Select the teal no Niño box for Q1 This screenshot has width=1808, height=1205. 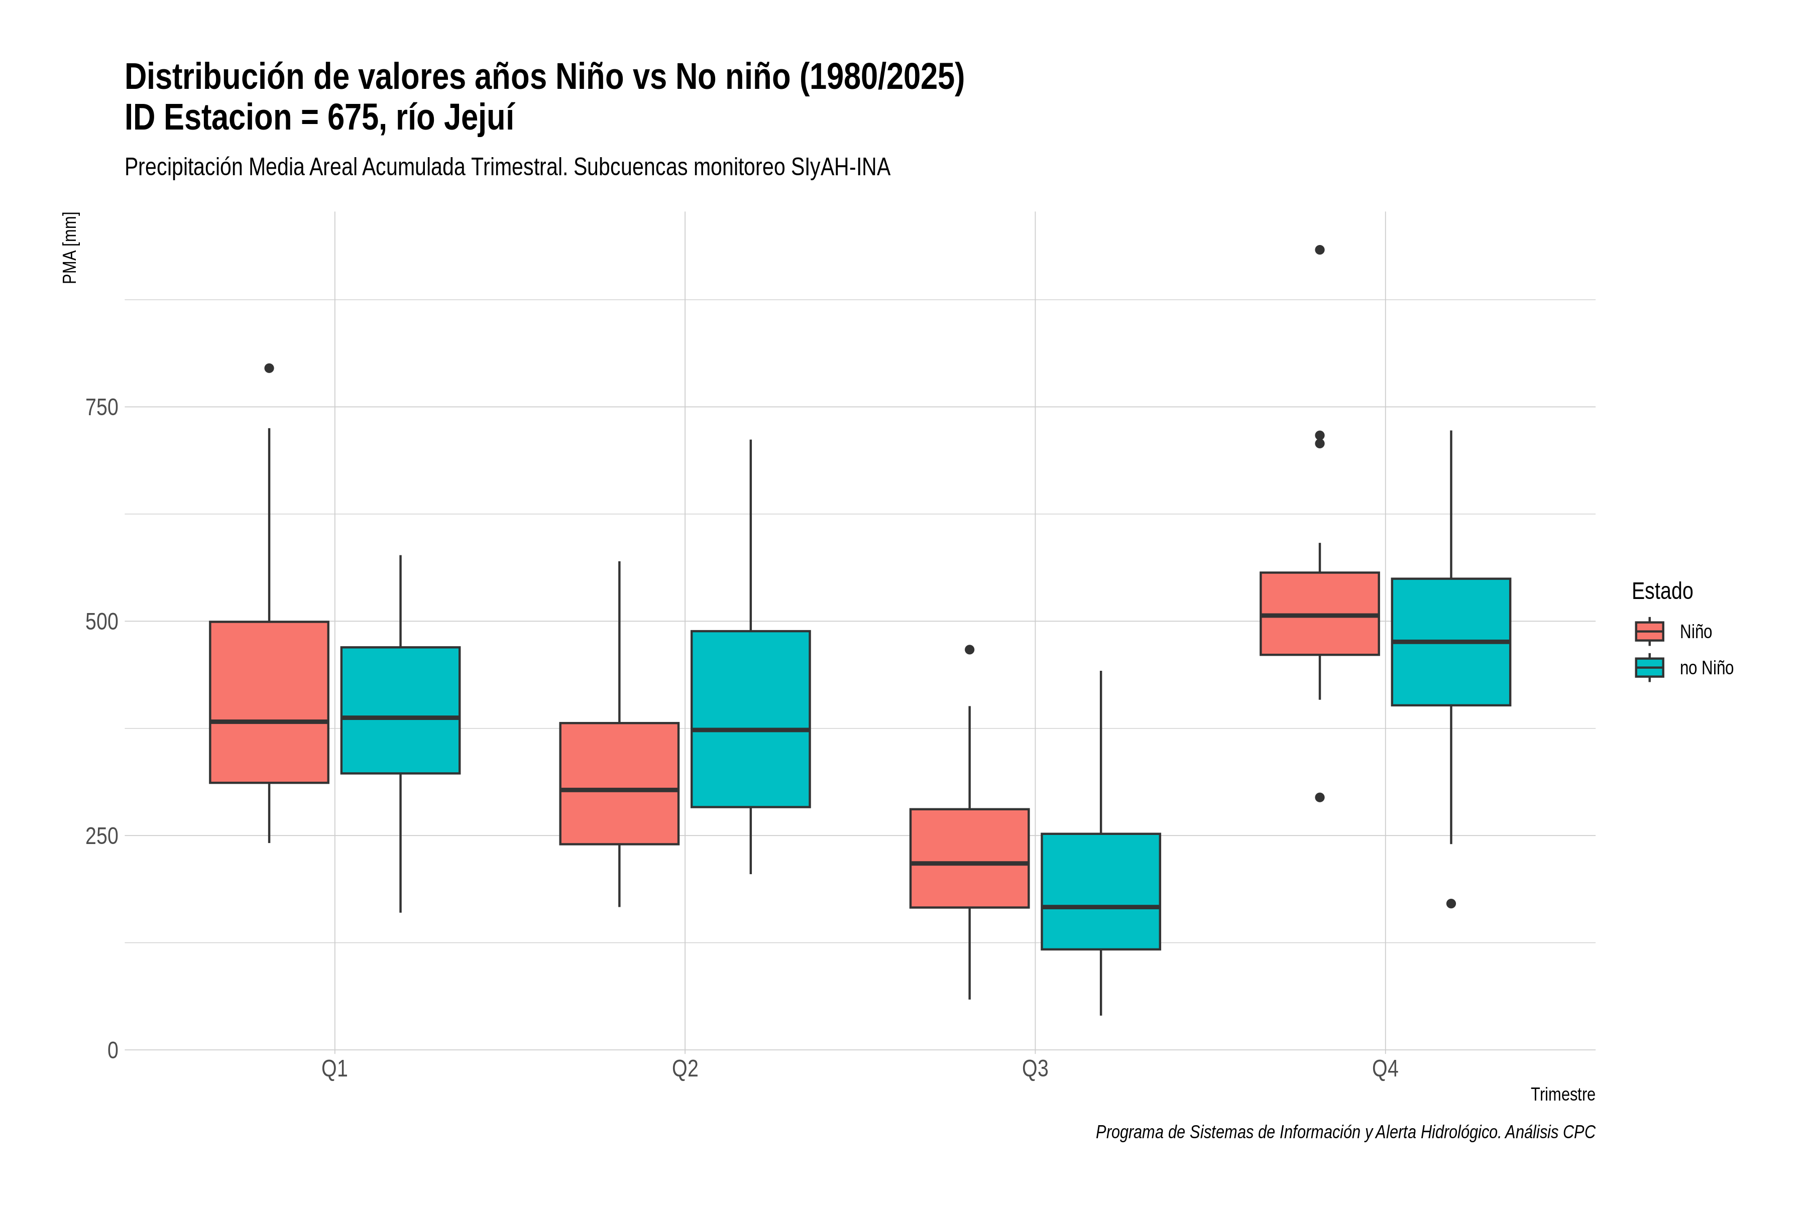coord(400,710)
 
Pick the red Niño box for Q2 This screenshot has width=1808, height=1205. coord(620,783)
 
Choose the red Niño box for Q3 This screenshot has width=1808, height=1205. coord(969,859)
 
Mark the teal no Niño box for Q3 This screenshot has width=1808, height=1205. coord(1101,892)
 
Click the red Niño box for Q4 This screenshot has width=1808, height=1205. coord(1320,613)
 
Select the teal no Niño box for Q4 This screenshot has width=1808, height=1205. coord(1451,642)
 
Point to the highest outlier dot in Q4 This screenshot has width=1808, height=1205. coord(1320,250)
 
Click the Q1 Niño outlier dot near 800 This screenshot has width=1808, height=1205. coord(269,368)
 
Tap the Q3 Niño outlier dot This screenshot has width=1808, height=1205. coord(969,649)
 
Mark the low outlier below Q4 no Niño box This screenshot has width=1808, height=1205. coord(1451,904)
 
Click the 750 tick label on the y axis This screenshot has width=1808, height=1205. coord(101,407)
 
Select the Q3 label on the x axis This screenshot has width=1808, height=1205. coord(1036,1069)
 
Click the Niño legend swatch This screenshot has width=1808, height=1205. coord(1650,632)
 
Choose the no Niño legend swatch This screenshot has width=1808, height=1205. coord(1650,668)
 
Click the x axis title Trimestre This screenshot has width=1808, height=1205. coord(1563,1095)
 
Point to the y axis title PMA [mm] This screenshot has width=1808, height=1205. coord(70,248)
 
